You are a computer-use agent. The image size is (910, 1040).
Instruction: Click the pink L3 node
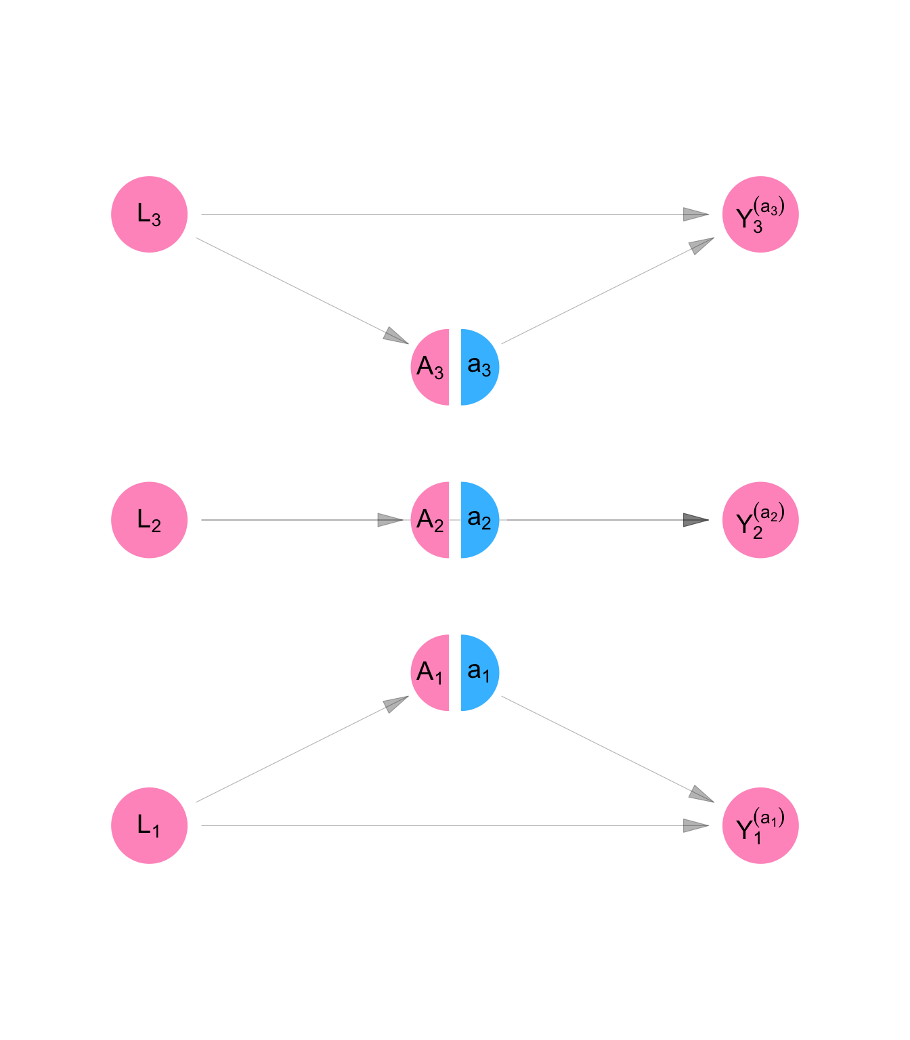(x=149, y=215)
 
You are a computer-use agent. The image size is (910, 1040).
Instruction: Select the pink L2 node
(x=149, y=520)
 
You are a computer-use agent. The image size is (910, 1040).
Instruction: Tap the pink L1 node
(x=149, y=825)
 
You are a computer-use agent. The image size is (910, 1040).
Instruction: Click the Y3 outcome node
(x=760, y=215)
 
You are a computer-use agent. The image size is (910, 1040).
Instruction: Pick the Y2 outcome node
(x=760, y=520)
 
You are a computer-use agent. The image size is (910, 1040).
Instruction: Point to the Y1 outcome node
(x=760, y=825)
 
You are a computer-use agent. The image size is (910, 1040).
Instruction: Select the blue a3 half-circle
(x=479, y=367)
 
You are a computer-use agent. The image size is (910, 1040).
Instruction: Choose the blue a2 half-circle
(x=479, y=520)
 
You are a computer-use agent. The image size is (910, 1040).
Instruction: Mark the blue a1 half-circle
(x=479, y=672)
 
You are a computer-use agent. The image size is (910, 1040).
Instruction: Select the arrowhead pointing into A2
(x=390, y=520)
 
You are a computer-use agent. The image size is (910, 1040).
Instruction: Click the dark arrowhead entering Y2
(x=695, y=520)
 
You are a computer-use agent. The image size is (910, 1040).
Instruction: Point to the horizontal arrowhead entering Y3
(x=695, y=215)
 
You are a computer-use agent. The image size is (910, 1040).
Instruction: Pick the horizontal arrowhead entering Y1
(x=695, y=825)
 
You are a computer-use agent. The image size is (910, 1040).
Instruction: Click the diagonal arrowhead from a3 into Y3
(x=701, y=244)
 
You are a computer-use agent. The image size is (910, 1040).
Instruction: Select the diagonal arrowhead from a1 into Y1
(x=701, y=795)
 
